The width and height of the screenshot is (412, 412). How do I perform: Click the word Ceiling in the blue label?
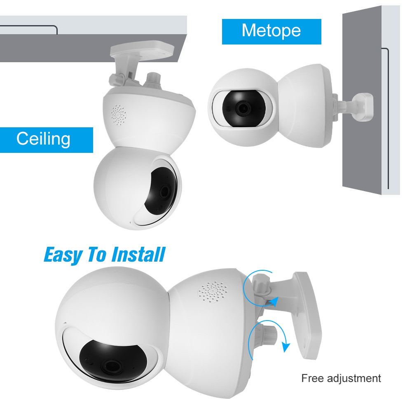tap(43, 139)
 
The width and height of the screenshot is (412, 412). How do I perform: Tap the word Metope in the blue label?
tap(271, 31)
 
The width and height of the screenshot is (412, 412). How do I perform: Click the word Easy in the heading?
tap(63, 255)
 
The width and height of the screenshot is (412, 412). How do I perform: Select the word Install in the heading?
tap(138, 254)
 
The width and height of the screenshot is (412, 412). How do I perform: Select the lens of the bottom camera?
tap(112, 366)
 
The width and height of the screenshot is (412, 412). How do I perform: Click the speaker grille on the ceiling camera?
tap(119, 115)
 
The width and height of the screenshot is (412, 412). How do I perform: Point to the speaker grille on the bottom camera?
tap(213, 292)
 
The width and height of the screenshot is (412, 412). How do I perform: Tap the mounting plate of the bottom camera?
tap(308, 315)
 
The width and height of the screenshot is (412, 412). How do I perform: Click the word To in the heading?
tap(97, 254)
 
